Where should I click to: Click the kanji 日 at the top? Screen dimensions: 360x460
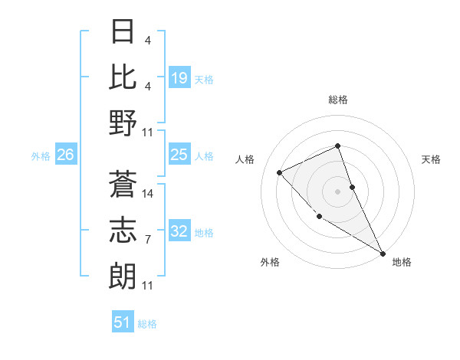[x=123, y=32]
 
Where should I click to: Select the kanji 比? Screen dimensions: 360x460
[x=123, y=77]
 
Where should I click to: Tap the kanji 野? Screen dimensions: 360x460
[x=123, y=123]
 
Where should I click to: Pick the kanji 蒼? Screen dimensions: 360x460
[x=123, y=184]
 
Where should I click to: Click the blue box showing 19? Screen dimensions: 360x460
[x=179, y=77]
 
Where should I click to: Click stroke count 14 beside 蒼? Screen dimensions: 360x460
[x=148, y=194]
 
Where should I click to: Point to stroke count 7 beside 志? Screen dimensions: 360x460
[x=148, y=240]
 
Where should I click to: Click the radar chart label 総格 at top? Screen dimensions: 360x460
[x=338, y=100]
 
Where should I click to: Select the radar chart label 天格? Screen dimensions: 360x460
[x=432, y=159]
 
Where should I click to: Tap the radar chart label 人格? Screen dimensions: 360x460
[x=245, y=159]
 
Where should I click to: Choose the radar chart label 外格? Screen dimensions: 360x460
[x=270, y=262]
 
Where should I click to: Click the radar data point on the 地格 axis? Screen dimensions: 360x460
[x=383, y=253]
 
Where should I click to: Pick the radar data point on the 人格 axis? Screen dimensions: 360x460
[x=280, y=172]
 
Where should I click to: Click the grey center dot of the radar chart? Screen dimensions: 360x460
[x=337, y=191]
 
